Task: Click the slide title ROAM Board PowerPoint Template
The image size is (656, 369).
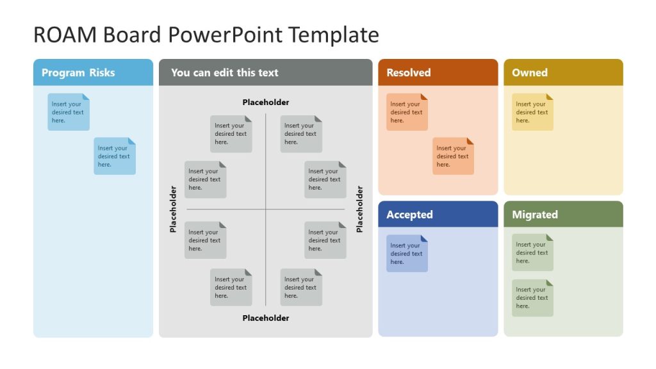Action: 206,35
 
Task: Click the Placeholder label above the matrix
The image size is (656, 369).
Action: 265,102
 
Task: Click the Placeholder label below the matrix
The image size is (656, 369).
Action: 265,318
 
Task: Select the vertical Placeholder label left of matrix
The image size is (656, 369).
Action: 173,209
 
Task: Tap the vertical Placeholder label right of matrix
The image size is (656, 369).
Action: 359,209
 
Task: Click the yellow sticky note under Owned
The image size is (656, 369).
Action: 532,112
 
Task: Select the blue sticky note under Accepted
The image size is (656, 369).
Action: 407,254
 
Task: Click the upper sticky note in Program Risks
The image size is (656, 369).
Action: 69,112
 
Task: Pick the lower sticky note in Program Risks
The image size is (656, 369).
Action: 115,156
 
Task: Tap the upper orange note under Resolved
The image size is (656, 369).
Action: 407,112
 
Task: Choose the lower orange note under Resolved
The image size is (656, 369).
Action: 453,156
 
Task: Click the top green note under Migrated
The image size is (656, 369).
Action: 532,252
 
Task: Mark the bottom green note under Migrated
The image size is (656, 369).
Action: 532,298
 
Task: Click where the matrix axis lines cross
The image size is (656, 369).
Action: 265,209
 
